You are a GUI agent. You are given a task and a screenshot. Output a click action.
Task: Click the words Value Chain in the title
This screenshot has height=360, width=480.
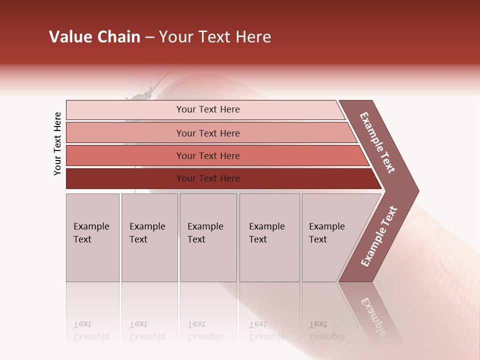pos(94,37)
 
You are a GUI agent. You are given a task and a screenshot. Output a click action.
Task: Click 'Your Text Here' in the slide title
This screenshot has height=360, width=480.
pos(215,37)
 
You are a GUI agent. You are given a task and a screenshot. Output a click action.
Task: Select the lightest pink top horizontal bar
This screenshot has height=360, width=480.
pos(207,109)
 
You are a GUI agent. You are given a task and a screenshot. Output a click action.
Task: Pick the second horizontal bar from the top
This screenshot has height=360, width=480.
pos(207,133)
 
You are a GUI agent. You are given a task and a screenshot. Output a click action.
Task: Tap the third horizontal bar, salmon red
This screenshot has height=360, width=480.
pos(207,155)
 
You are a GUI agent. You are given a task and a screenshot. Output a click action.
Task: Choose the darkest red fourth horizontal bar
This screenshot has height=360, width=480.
pos(207,178)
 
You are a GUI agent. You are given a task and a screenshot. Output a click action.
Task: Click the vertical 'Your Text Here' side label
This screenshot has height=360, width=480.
pos(57,144)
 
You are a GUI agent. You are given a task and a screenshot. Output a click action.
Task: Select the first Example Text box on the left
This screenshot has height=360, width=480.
pos(92,237)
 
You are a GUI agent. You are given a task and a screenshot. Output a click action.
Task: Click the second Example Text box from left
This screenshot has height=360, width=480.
pos(149,237)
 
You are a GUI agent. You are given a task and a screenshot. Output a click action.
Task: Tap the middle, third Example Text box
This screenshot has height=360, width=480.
pos(208,237)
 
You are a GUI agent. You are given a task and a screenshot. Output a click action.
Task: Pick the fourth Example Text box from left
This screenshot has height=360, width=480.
pos(269,237)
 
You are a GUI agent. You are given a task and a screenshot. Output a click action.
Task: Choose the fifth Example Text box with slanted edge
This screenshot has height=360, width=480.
pos(330,237)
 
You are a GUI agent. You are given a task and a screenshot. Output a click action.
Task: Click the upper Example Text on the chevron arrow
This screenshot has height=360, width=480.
pos(377,143)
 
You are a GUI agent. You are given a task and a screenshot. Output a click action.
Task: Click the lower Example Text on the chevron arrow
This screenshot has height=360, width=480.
pos(379,236)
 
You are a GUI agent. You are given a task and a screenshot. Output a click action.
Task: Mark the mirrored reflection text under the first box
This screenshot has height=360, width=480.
pos(91,330)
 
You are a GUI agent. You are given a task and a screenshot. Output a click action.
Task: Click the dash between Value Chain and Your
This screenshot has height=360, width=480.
pos(149,37)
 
